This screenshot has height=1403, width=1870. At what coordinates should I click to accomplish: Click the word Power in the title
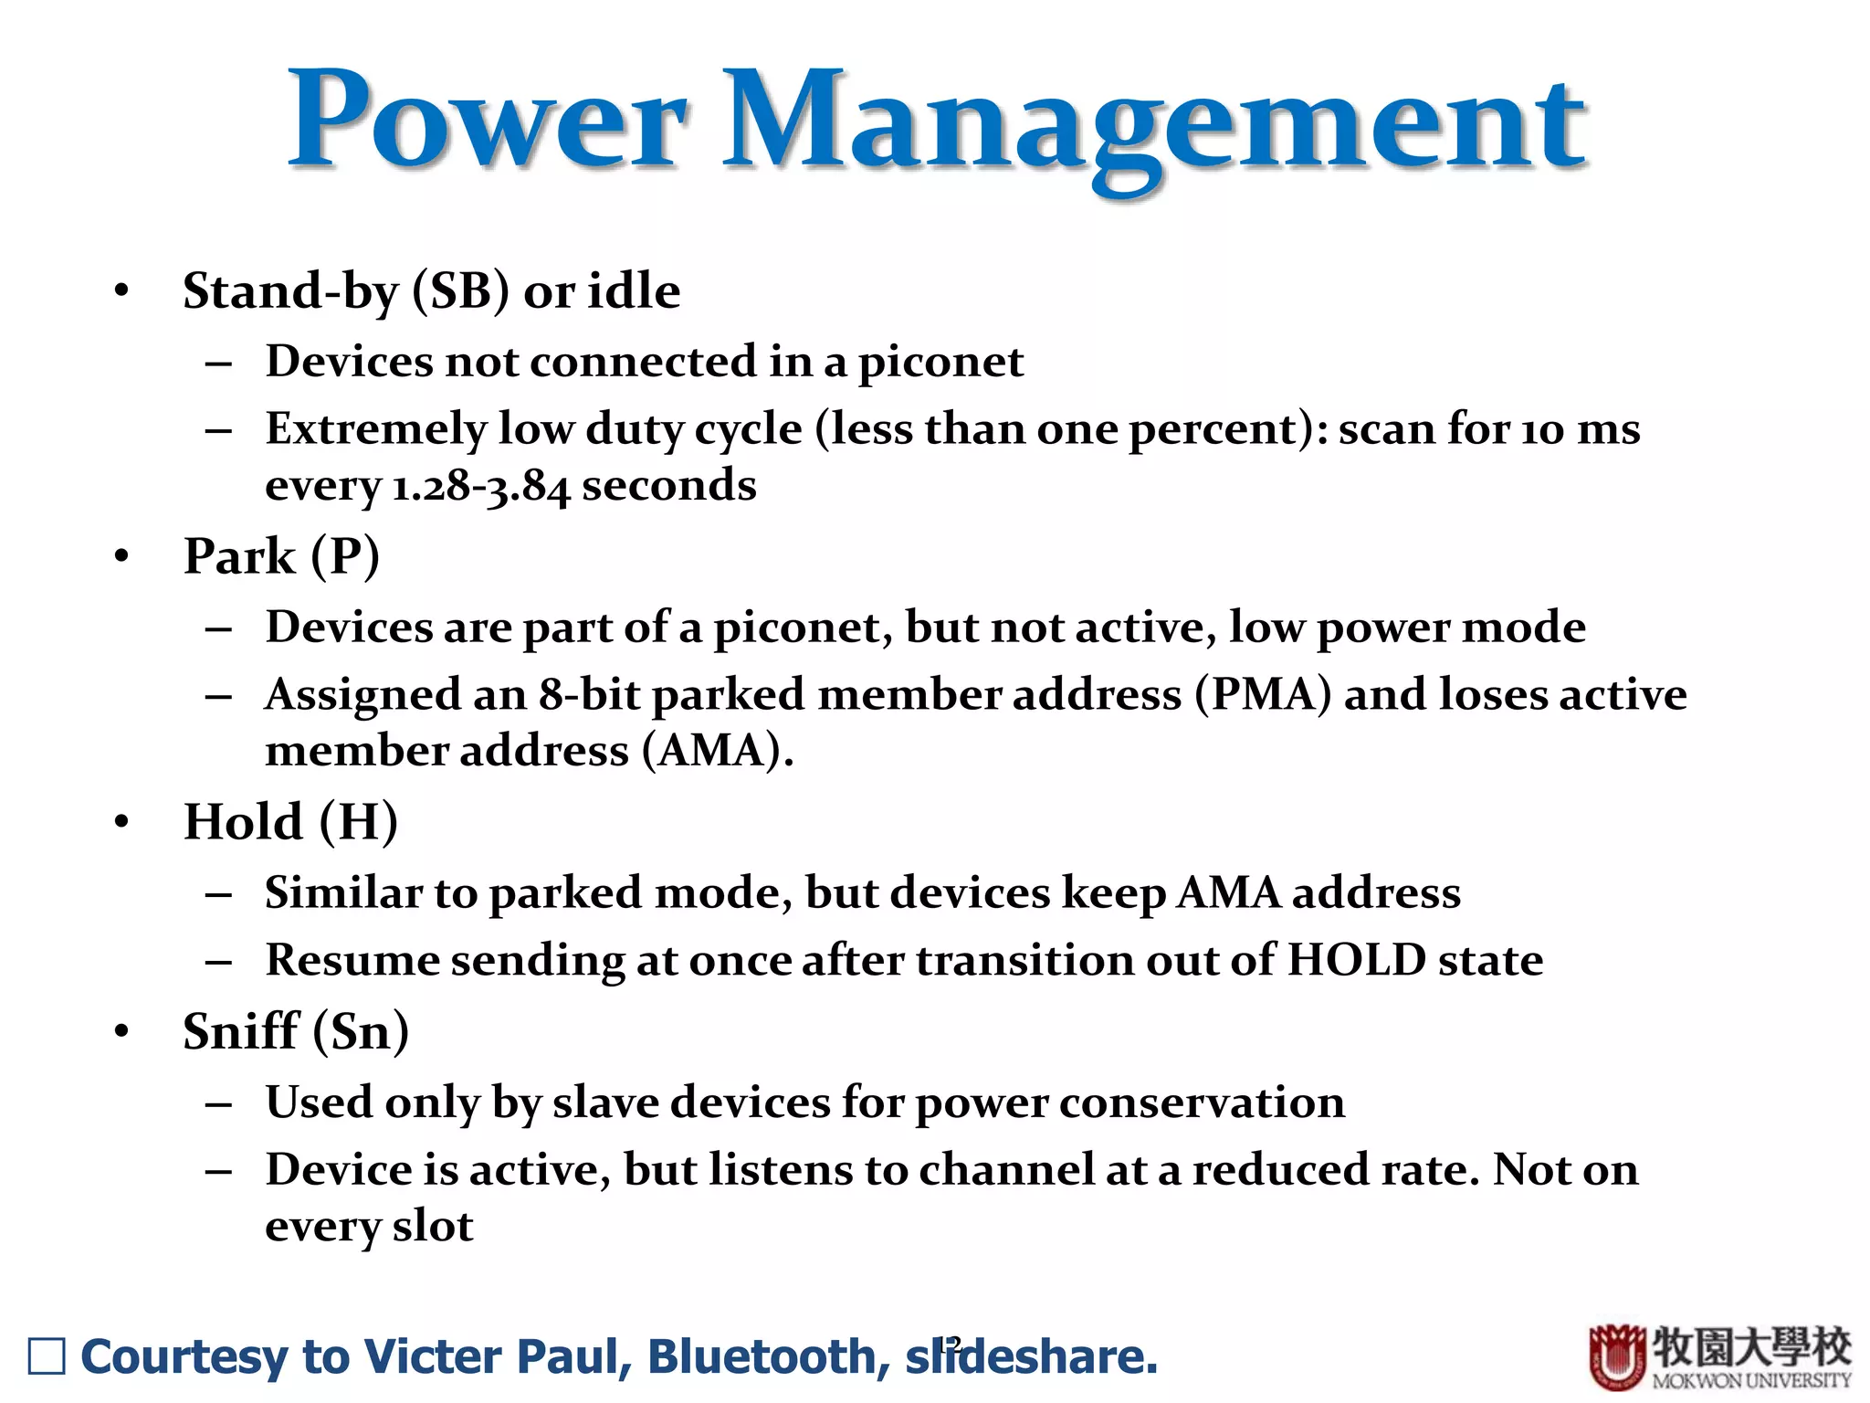tap(487, 121)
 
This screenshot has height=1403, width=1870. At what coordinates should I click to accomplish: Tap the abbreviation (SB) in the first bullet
tap(460, 291)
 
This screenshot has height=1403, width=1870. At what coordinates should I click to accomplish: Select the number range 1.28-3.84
tap(480, 486)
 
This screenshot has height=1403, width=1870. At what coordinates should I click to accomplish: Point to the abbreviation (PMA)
tap(1263, 694)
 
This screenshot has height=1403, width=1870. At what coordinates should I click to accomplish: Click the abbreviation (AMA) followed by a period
tap(717, 751)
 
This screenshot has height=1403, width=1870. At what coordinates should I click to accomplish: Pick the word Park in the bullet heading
tap(239, 556)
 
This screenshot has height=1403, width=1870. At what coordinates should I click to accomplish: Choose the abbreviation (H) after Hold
tap(358, 821)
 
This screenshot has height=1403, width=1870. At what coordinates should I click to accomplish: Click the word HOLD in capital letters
tap(1356, 960)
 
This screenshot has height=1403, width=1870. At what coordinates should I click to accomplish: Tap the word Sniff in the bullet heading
tap(241, 1031)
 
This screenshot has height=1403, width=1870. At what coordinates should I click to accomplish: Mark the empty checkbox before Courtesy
tap(47, 1356)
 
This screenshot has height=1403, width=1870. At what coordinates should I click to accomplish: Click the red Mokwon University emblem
tap(1617, 1357)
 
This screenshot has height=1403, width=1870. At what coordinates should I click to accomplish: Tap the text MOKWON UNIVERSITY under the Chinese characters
tap(1750, 1380)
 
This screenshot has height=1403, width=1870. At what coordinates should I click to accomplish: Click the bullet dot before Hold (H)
tap(121, 821)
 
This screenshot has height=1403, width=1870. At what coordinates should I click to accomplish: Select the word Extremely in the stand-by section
tap(375, 429)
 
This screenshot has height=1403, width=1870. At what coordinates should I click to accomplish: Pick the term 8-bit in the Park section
tap(588, 694)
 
